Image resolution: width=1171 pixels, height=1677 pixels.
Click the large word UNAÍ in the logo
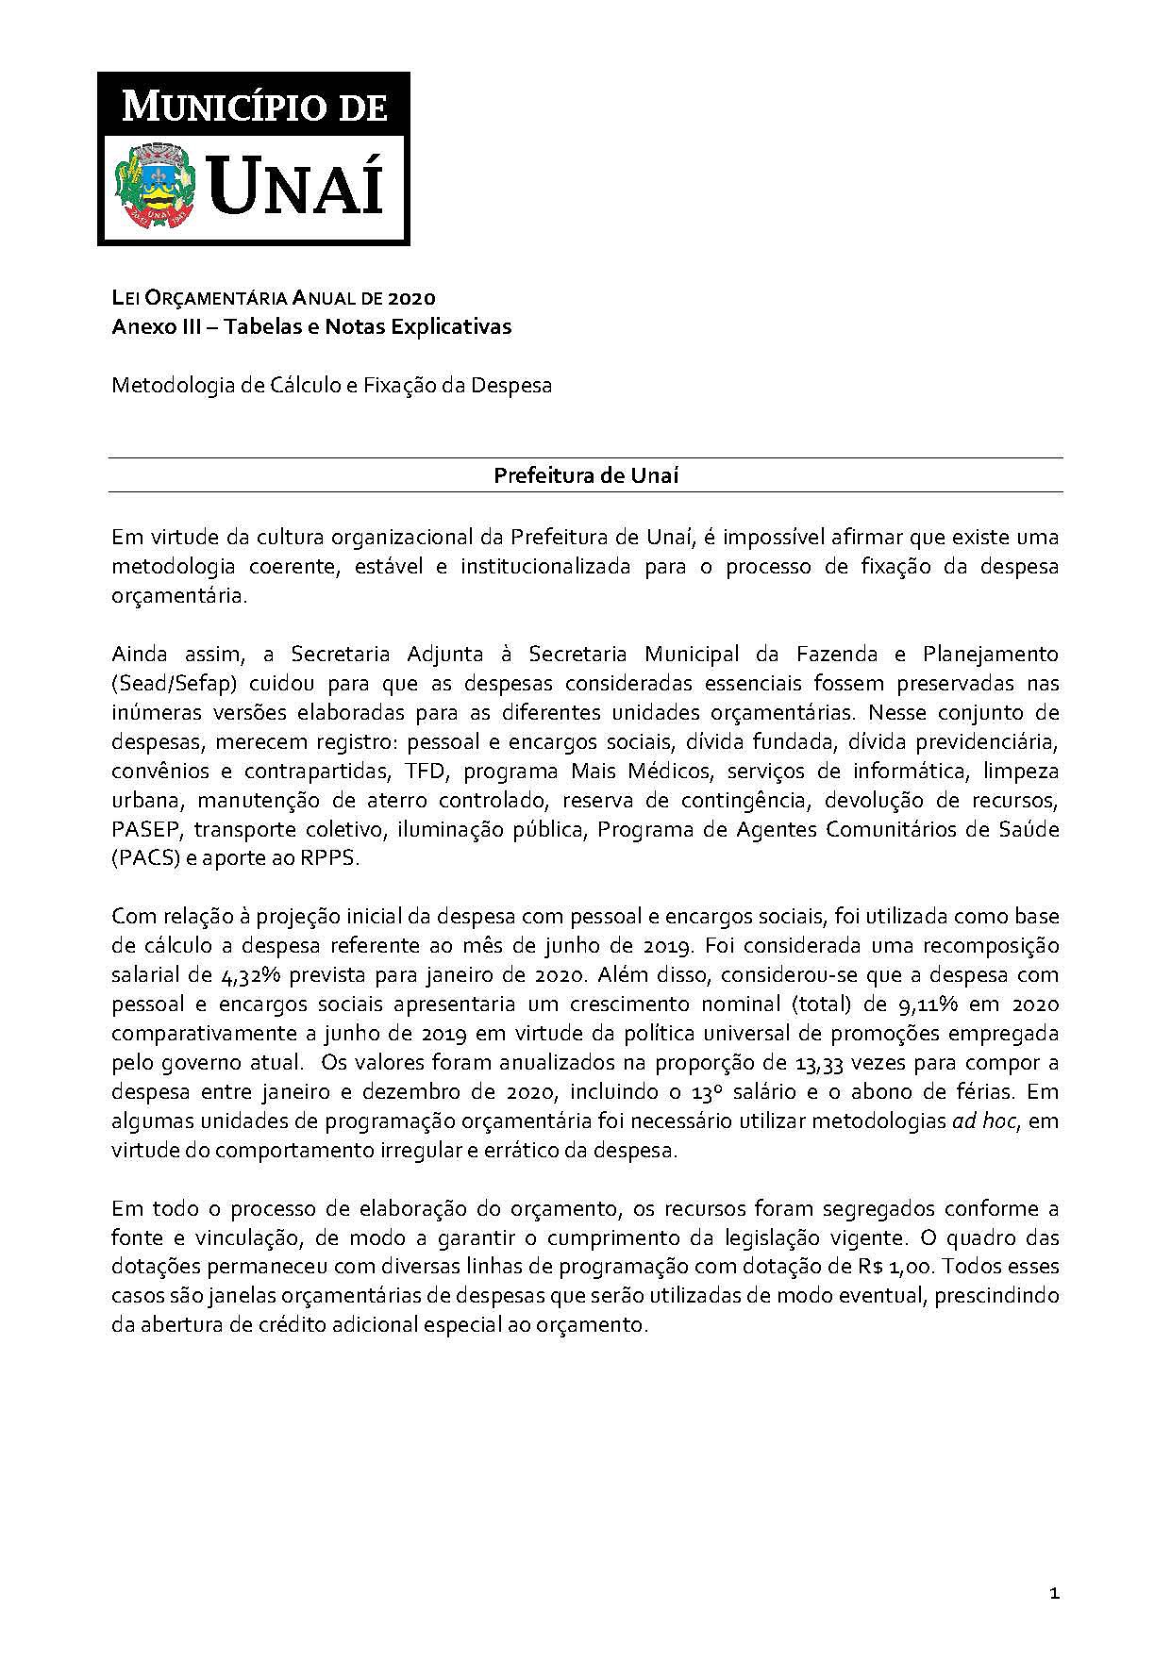295,184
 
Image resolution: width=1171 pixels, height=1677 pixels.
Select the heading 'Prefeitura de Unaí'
586,475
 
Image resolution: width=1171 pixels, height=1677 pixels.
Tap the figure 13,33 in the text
821,1062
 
